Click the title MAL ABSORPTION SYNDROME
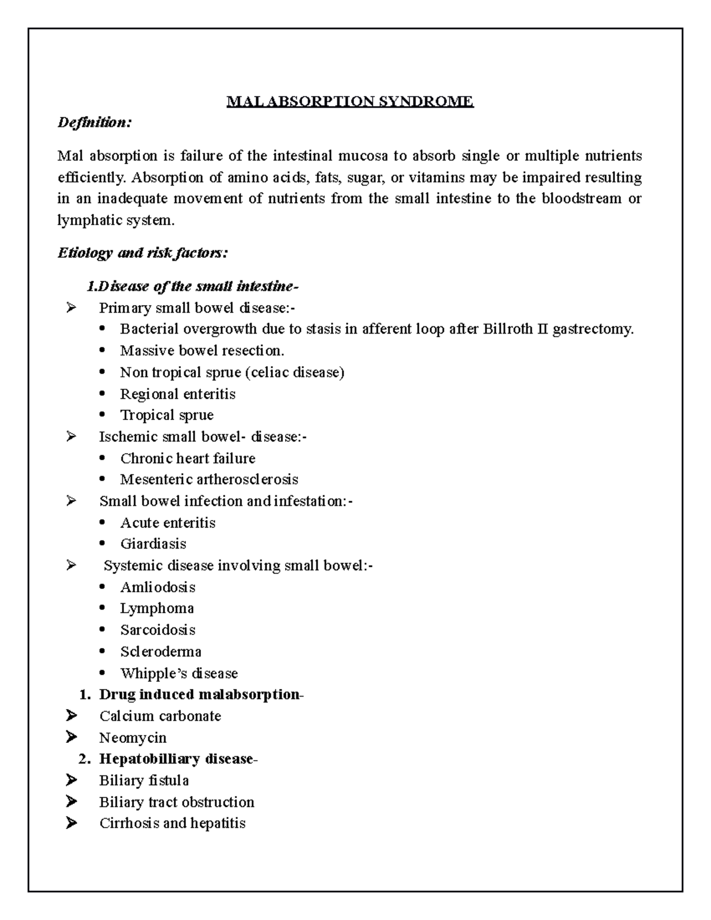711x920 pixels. [x=350, y=102]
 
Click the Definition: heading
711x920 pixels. [x=94, y=123]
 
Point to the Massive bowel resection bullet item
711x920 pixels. [x=202, y=351]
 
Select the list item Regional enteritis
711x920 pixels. [x=178, y=394]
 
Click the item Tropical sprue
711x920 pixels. [x=166, y=415]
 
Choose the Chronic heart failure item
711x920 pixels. [x=188, y=459]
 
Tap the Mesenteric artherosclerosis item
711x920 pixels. [x=209, y=479]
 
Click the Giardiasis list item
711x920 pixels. [x=153, y=544]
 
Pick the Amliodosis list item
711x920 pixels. [x=158, y=587]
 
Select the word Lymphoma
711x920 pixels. [x=157, y=608]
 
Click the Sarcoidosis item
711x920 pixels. [x=158, y=630]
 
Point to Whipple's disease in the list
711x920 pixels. [x=179, y=674]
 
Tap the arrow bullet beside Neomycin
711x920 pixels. [x=72, y=738]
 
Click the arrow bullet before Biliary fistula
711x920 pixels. [x=72, y=781]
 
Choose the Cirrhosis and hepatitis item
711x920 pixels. [x=172, y=823]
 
